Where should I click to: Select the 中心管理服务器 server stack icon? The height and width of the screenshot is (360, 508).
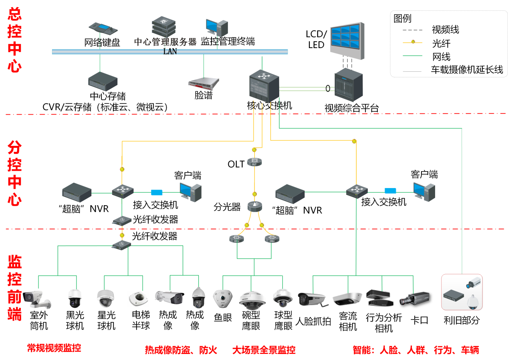pyautogui.click(x=163, y=26)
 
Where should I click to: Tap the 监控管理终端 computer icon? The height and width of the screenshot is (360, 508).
pyautogui.click(x=217, y=28)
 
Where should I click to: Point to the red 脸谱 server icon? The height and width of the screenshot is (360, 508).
pyautogui.click(x=204, y=83)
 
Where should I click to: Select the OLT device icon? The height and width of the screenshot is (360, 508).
pyautogui.click(x=254, y=162)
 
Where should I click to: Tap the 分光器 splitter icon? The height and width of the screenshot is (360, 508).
pyautogui.click(x=254, y=206)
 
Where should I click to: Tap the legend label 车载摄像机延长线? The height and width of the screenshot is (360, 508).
pyautogui.click(x=467, y=70)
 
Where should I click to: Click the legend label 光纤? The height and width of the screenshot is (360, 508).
pyautogui.click(x=441, y=43)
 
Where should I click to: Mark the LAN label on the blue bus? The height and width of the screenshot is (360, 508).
pyautogui.click(x=170, y=51)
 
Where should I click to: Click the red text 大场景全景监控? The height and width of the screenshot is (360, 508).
pyautogui.click(x=264, y=350)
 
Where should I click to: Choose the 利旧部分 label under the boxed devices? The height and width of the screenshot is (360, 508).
pyautogui.click(x=462, y=320)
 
